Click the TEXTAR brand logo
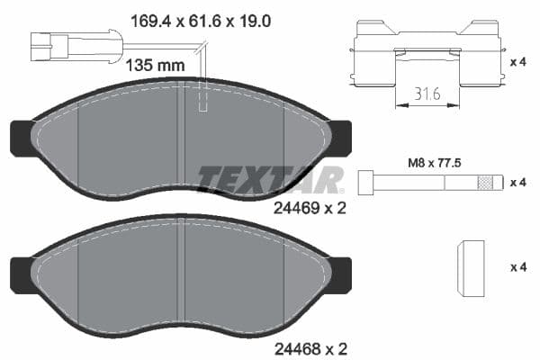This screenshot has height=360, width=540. click(271, 179)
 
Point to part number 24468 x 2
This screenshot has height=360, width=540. click(309, 346)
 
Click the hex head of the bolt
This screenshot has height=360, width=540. click(366, 182)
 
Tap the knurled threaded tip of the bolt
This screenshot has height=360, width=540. click(487, 182)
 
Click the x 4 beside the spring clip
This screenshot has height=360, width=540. click(519, 63)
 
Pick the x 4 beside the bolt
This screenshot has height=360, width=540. click(519, 183)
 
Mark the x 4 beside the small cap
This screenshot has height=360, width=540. click(519, 268)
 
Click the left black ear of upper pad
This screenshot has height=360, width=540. click(20, 138)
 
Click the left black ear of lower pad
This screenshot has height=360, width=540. click(20, 271)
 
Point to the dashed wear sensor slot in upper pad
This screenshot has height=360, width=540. click(202, 100)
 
